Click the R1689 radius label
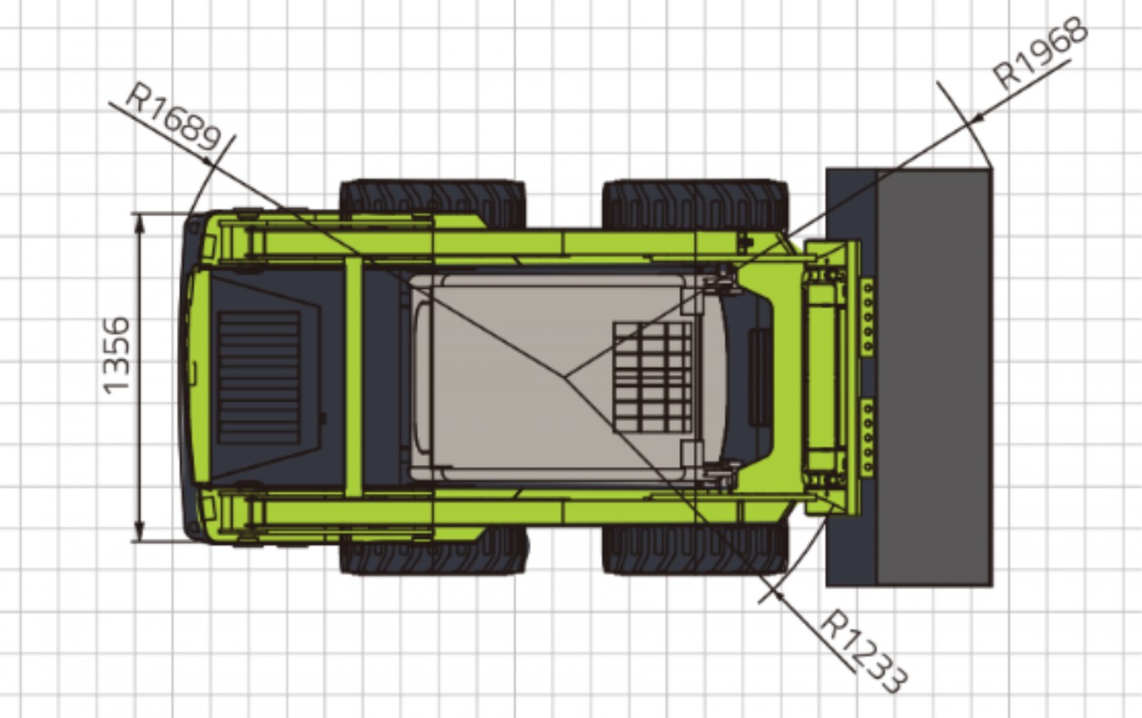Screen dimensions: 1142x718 (174, 117)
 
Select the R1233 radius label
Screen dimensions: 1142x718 (864, 652)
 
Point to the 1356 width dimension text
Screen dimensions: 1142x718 (116, 356)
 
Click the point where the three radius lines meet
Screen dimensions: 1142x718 (564, 377)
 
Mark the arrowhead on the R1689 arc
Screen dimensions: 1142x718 (207, 162)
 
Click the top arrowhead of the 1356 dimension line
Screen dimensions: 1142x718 (139, 224)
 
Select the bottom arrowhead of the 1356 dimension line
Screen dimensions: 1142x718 (139, 530)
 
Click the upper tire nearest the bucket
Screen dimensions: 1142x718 (695, 204)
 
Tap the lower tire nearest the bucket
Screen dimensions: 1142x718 (695, 550)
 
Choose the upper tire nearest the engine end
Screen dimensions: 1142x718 (432, 203)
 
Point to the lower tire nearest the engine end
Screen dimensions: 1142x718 (433, 551)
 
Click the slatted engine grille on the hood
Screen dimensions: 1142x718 (259, 377)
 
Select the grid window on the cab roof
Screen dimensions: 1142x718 (653, 377)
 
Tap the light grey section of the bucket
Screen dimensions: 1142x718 (935, 377)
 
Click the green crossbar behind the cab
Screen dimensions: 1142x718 (354, 377)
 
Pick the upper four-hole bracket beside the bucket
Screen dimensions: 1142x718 (866, 317)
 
